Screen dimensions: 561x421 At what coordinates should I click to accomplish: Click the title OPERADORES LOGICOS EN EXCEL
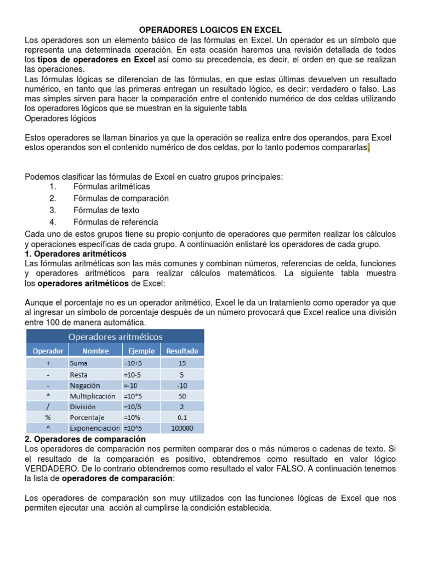point(210,30)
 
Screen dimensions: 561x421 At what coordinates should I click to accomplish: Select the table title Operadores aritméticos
point(115,336)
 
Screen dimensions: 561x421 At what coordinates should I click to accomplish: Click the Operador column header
point(48,351)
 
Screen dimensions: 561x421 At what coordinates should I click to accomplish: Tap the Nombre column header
point(95,351)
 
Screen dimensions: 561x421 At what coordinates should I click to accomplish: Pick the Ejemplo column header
point(141,351)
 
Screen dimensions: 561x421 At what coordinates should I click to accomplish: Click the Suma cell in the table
point(78,363)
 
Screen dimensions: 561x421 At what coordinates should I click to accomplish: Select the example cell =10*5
point(133,396)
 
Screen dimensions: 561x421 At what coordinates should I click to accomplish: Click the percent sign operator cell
point(48,417)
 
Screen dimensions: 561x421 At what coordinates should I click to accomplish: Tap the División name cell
point(83,407)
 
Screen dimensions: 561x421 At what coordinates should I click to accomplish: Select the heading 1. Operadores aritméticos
point(76,254)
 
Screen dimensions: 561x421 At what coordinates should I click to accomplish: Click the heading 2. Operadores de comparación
point(86,439)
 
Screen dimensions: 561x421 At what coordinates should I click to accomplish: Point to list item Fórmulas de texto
point(106,210)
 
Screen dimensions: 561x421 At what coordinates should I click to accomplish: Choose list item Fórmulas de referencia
point(116,222)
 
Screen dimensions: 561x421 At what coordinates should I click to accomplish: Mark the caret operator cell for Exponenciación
point(48,428)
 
